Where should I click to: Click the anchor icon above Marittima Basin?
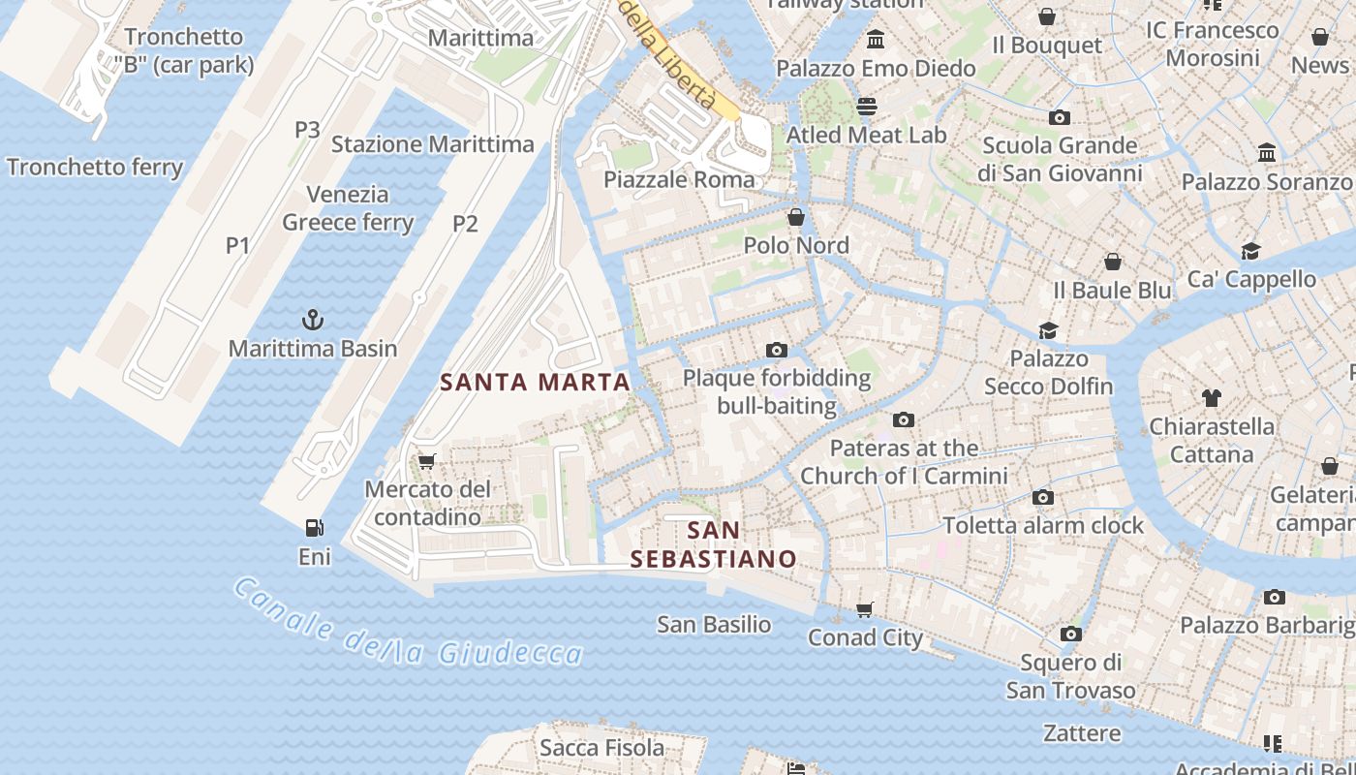coord(313,320)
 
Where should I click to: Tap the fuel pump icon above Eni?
coord(314,528)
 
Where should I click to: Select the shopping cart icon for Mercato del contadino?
coord(426,461)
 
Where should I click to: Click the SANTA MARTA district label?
coord(536,382)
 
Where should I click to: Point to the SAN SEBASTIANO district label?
coord(714,544)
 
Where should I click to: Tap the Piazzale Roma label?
coord(679,179)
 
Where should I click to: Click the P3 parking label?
coord(307,130)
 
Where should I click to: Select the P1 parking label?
coord(238,246)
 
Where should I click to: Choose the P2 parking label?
coord(466,224)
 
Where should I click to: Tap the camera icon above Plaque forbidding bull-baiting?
coord(776,351)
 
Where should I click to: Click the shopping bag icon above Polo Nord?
coord(796,217)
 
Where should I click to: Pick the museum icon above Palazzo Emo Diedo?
coord(876,40)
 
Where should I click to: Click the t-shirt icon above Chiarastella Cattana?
coord(1211,397)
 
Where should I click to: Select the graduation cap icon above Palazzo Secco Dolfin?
coord(1048,330)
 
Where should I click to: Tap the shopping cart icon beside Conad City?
coord(865,609)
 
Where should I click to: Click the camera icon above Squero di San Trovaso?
coord(1070,635)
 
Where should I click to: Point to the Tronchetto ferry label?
coord(95,167)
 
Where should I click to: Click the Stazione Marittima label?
coord(433,144)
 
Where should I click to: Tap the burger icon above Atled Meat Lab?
coord(866,106)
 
